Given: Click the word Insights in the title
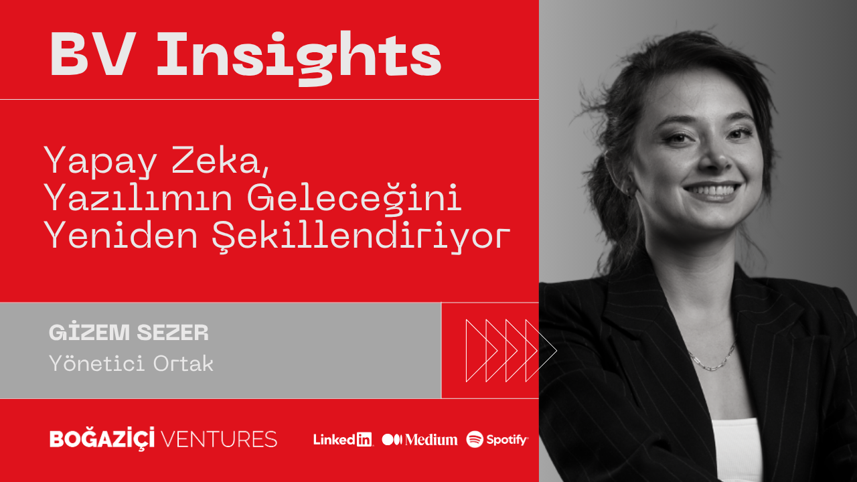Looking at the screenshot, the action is click(299, 58).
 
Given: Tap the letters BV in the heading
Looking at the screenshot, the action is click(94, 54).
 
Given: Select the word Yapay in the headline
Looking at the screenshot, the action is click(100, 161).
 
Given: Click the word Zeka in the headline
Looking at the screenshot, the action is click(220, 160).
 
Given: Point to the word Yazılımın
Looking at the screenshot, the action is click(139, 197).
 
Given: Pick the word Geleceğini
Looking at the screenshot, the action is click(355, 198).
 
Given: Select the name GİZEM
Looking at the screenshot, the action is click(90, 332).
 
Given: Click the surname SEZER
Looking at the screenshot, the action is click(173, 333).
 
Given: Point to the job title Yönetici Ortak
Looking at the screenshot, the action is click(131, 363).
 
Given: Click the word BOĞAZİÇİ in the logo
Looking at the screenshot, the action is click(102, 438).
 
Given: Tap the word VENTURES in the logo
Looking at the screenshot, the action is click(219, 439).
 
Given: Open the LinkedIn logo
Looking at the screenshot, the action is click(343, 440).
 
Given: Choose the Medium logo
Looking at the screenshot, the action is click(420, 440).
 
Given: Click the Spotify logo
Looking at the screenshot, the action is click(497, 439).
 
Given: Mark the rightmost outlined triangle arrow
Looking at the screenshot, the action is click(541, 350).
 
